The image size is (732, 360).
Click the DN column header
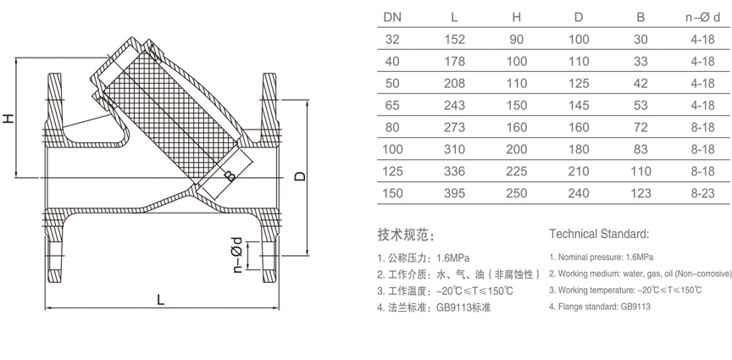(x=393, y=17)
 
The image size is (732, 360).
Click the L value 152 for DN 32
(x=454, y=39)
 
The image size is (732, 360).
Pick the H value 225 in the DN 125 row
(x=517, y=171)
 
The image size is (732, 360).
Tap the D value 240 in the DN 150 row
(x=579, y=193)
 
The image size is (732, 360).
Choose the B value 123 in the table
(x=640, y=193)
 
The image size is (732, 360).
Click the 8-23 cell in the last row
(x=702, y=193)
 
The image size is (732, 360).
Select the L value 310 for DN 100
(x=454, y=149)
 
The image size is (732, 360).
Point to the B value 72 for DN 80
(x=640, y=127)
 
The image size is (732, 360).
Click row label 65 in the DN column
(x=393, y=105)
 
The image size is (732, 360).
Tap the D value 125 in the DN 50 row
(x=579, y=83)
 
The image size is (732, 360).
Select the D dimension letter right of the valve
(x=298, y=176)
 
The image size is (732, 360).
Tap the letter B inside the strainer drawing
(x=229, y=177)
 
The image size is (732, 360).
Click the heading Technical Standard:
(x=598, y=233)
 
